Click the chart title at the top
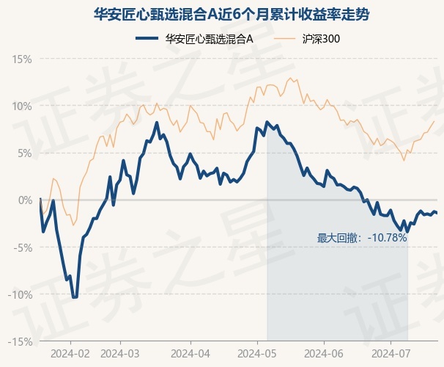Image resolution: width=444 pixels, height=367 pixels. tap(221, 13)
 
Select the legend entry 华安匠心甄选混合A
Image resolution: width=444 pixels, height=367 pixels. tap(209, 38)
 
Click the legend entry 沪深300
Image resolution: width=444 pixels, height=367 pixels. tap(321, 38)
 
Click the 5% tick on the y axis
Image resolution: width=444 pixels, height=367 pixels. tap(25, 153)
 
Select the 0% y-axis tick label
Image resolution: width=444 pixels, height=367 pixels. tap(25, 200)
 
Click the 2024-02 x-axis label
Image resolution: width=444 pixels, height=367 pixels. tap(70, 352)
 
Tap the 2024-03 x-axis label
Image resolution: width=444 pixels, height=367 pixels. tap(119, 352)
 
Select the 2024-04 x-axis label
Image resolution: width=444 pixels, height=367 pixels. tap(190, 352)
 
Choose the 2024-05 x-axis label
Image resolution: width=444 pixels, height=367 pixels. tap(257, 352)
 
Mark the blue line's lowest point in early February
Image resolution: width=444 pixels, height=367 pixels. tap(75, 297)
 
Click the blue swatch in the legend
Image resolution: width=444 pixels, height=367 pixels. tap(149, 38)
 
